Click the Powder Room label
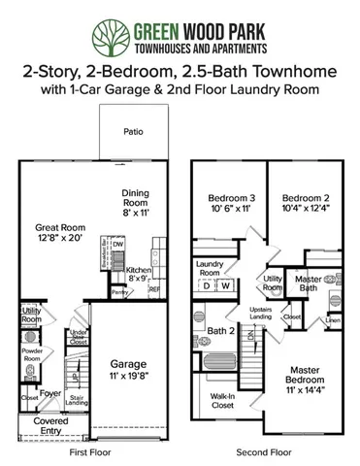point(31,353)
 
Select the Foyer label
point(50,393)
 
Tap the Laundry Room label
point(211,267)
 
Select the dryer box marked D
point(207,285)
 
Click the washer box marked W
point(225,285)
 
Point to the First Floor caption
point(87,452)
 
